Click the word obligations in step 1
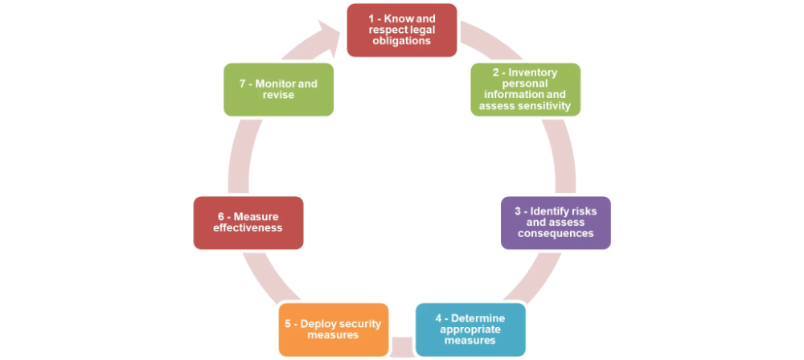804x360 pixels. pos(402,40)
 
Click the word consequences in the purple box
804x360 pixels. pos(556,233)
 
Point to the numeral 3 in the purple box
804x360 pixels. pos(519,211)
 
